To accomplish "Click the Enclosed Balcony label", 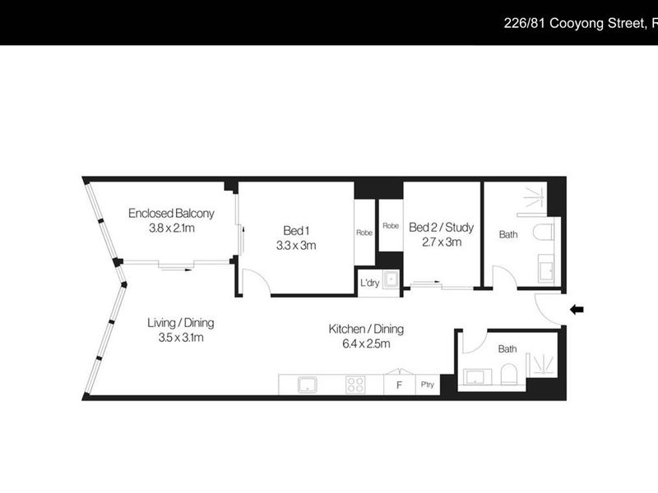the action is tap(171, 214).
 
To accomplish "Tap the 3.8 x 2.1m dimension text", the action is tap(172, 228).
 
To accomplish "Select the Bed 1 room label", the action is tap(296, 231).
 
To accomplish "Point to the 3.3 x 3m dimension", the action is tap(296, 246).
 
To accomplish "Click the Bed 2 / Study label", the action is tap(442, 228).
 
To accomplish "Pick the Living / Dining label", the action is tap(181, 323).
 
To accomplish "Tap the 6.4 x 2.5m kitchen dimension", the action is tap(366, 343).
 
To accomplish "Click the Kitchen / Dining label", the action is tap(366, 329).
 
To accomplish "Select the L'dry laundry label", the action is tap(369, 283).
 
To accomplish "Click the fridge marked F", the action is tap(400, 385).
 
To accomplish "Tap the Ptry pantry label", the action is tap(427, 385).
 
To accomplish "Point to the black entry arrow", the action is tap(577, 310).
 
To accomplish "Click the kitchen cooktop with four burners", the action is tap(355, 385).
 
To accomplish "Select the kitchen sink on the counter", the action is tap(307, 385).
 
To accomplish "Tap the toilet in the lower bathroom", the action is tap(508, 374).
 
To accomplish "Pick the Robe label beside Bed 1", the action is tap(364, 233).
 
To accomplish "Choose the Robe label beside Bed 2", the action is tap(391, 226).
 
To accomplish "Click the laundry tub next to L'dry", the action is tap(392, 279).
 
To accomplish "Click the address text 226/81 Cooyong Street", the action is tap(574, 23).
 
